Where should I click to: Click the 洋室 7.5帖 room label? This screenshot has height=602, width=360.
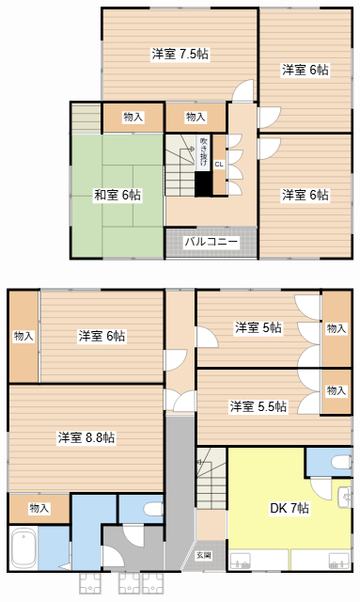(x=180, y=54)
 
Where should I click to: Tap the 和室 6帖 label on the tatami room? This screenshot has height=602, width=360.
(x=117, y=196)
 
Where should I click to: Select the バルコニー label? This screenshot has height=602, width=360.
(x=211, y=242)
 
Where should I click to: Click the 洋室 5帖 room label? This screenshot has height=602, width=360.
(x=258, y=327)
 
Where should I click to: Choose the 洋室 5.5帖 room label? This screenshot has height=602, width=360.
(x=258, y=406)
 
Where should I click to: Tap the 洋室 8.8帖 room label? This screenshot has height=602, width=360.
(x=86, y=437)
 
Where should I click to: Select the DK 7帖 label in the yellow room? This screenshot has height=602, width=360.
(x=290, y=509)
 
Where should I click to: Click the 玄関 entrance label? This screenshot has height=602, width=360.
(x=204, y=555)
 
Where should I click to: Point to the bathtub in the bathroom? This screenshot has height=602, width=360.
(x=23, y=548)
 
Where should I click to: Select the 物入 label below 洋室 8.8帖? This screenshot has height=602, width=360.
(x=39, y=508)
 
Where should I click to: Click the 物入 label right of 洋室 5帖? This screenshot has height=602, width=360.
(x=337, y=328)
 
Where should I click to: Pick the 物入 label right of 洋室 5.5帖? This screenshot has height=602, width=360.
(x=337, y=389)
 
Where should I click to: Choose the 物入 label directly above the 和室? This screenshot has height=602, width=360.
(x=133, y=117)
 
